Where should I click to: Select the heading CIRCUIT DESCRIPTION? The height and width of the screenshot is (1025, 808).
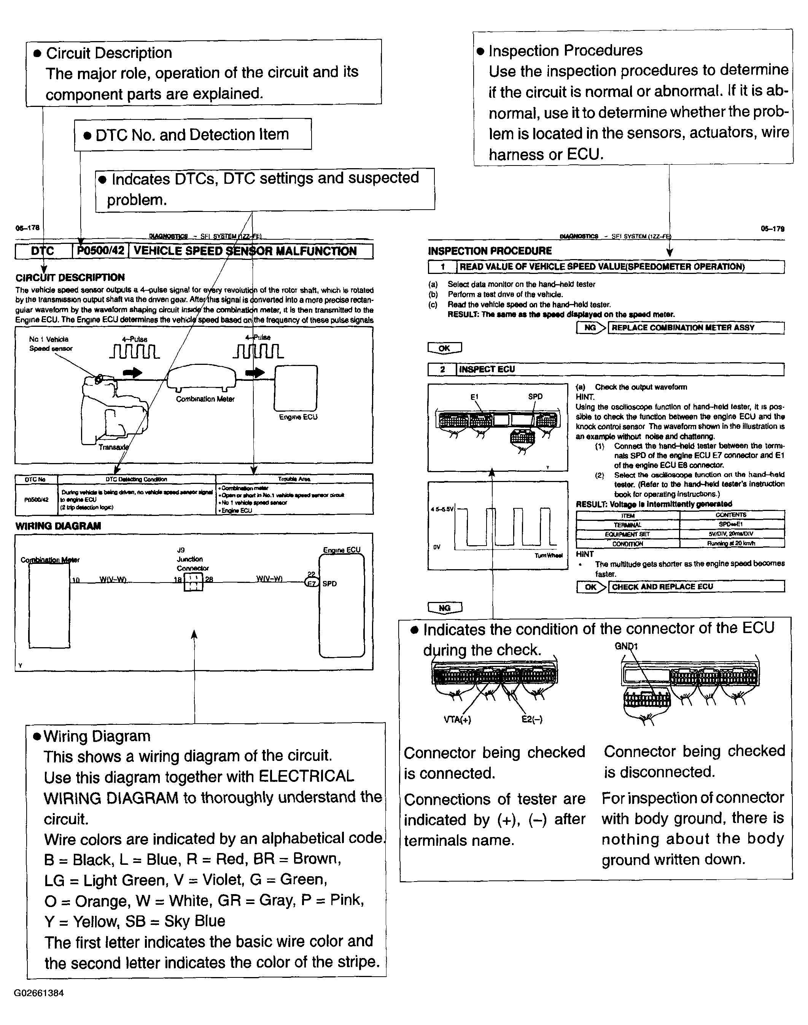[x=70, y=277]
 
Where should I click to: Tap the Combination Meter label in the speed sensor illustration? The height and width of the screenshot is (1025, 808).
[x=205, y=399]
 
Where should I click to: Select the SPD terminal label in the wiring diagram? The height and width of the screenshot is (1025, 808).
[x=330, y=584]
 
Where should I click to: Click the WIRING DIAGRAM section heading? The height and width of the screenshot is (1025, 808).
[x=58, y=526]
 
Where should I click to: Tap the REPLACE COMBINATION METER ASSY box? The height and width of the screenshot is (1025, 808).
[x=695, y=328]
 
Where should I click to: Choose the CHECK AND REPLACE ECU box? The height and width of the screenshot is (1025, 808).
[x=696, y=587]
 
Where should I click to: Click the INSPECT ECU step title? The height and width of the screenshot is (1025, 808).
[x=487, y=369]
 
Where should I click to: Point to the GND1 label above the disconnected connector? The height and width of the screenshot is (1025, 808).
[x=626, y=646]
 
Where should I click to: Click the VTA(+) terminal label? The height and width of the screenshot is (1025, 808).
[x=458, y=720]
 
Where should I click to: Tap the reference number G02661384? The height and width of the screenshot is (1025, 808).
[x=39, y=993]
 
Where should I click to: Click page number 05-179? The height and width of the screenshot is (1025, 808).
[x=773, y=229]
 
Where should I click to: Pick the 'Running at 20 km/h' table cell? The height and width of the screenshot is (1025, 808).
[x=732, y=543]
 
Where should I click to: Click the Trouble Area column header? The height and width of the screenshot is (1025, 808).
[x=294, y=479]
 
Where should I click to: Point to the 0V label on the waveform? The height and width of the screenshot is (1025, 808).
[x=437, y=547]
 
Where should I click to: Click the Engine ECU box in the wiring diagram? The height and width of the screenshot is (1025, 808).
[x=342, y=606]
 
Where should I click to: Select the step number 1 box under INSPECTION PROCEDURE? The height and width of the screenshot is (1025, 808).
[x=442, y=267]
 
